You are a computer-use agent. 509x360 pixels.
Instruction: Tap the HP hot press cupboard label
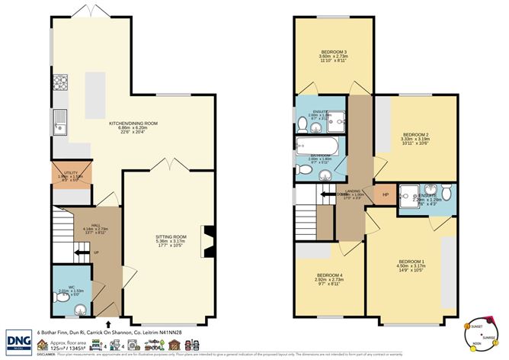click(386, 194)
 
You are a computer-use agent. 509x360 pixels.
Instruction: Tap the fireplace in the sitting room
click(205, 237)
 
